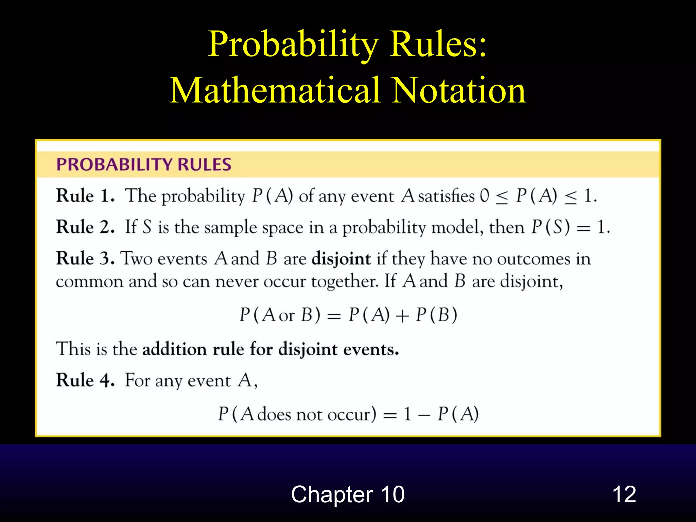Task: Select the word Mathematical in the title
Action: tap(275, 90)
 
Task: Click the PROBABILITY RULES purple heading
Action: tap(144, 164)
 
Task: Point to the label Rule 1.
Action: tap(85, 196)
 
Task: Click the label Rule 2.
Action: tap(85, 227)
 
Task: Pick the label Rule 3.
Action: tap(85, 258)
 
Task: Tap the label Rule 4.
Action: tap(85, 380)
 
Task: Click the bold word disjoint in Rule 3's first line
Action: tap(341, 259)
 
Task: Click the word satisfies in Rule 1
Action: tap(446, 196)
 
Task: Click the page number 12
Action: tap(624, 494)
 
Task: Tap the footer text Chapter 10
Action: tap(348, 494)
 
